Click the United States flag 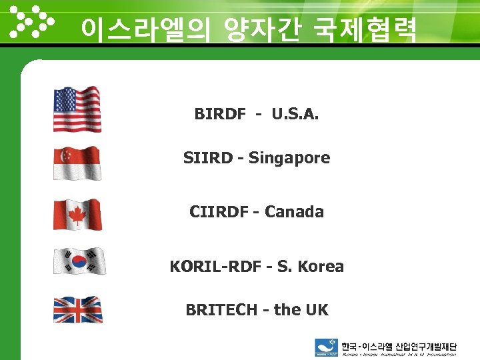77,109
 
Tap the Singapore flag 77,163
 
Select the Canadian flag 77,215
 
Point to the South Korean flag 79,261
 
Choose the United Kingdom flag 78,310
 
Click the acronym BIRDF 220,114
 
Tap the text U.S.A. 295,114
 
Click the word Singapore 289,159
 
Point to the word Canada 294,212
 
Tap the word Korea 321,267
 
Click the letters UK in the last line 317,310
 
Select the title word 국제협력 361,29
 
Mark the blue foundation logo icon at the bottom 327,347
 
